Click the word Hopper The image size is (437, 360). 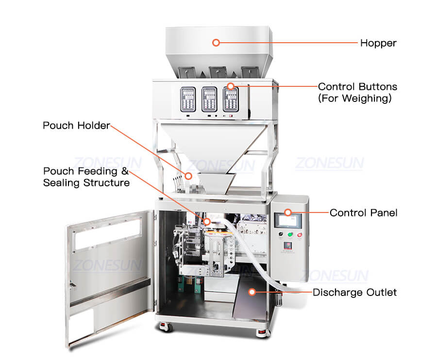pyautogui.click(x=378, y=43)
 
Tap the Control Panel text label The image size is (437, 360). pyautogui.click(x=363, y=213)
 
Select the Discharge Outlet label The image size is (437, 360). pyautogui.click(x=354, y=292)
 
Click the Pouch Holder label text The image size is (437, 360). pyautogui.click(x=76, y=126)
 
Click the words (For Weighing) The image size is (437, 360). pyautogui.click(x=354, y=98)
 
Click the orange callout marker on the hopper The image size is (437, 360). pyautogui.click(x=217, y=43)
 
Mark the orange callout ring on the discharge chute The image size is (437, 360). pyautogui.click(x=252, y=292)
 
